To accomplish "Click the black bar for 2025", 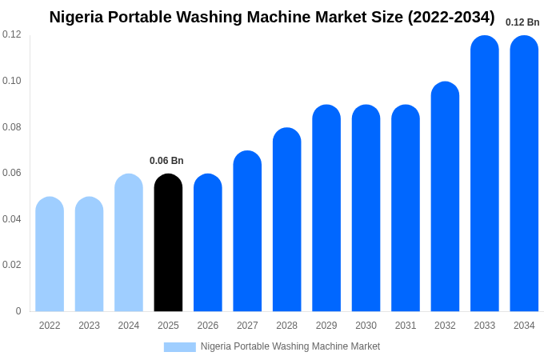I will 168,243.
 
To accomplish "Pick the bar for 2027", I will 247,231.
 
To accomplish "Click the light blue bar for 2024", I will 129,243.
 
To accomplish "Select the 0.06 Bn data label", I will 166,161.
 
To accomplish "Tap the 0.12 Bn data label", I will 522,22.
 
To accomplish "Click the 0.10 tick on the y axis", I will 12,81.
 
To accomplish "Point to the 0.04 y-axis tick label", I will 12,219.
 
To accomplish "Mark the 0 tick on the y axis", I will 18,311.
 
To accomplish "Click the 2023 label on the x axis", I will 89,326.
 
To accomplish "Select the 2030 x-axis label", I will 366,326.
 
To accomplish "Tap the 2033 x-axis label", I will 484,326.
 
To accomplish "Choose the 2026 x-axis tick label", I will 207,326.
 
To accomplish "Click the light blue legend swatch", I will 179,346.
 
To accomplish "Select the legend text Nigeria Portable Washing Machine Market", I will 290,346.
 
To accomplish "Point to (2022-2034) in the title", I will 451,17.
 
